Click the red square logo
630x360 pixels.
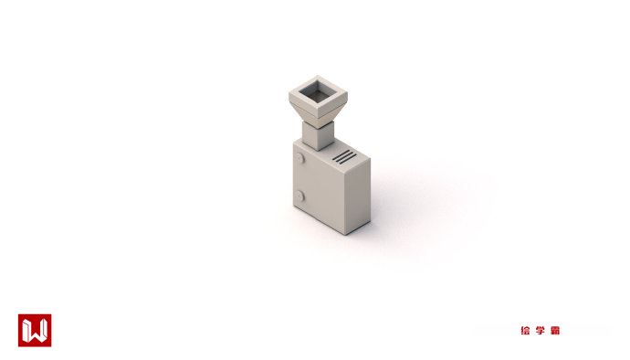(x=35, y=330)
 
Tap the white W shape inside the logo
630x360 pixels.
(x=35, y=331)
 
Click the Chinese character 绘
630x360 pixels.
(x=525, y=331)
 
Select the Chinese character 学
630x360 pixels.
(x=540, y=331)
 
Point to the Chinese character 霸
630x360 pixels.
(x=555, y=331)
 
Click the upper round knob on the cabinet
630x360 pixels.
(x=299, y=158)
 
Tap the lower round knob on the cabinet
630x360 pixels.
(x=299, y=196)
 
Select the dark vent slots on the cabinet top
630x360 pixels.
(x=344, y=157)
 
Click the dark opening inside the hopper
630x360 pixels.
(x=318, y=93)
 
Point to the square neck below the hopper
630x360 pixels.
(x=318, y=135)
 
